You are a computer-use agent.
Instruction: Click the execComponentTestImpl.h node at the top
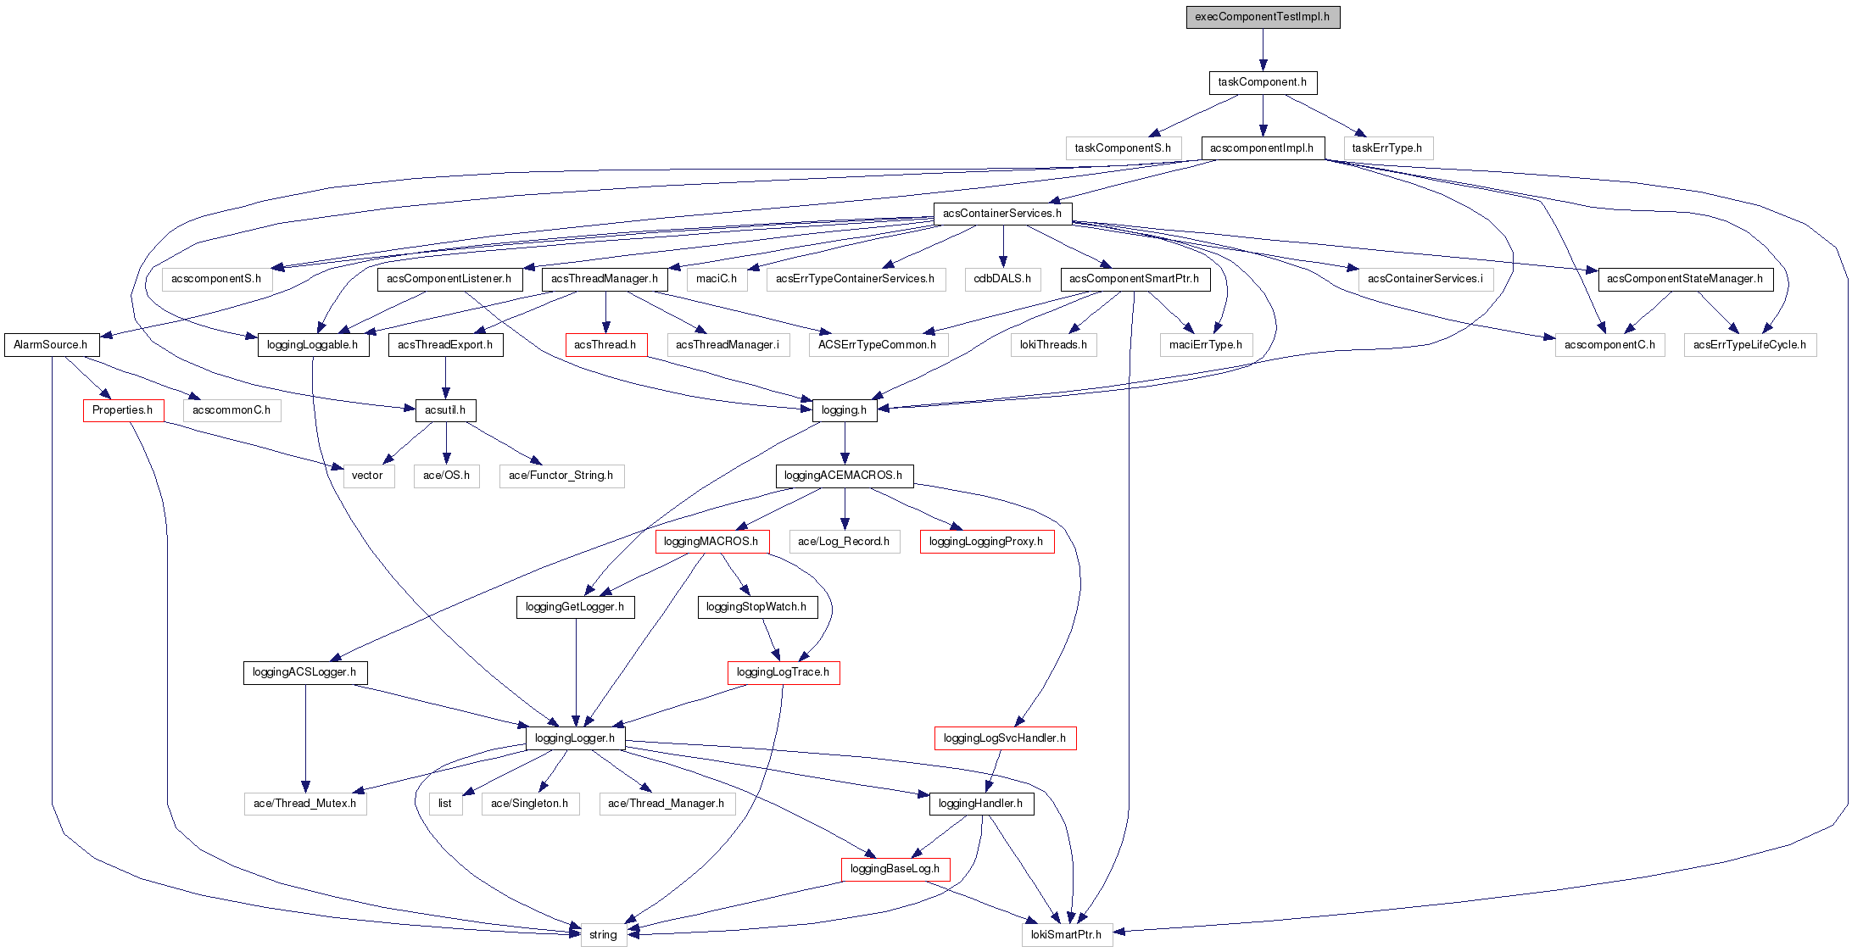click(x=1263, y=17)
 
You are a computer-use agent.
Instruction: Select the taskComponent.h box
click(x=1263, y=82)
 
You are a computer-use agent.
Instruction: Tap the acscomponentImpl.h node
click(x=1262, y=148)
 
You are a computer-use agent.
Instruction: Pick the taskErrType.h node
click(x=1387, y=148)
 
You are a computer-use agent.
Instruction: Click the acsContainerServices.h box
click(x=1002, y=214)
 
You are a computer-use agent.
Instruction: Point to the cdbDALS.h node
click(x=1002, y=279)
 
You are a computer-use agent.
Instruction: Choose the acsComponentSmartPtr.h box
click(x=1135, y=279)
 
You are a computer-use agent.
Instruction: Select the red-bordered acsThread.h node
click(x=605, y=345)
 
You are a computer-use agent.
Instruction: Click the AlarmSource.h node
click(x=51, y=345)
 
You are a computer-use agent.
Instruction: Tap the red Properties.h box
click(x=123, y=410)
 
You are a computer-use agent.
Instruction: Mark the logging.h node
click(x=845, y=410)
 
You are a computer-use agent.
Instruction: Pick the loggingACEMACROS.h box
click(x=844, y=476)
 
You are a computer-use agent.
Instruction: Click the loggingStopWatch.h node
click(x=756, y=607)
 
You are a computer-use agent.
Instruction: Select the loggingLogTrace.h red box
click(x=784, y=672)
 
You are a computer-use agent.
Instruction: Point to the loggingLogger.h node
click(x=576, y=738)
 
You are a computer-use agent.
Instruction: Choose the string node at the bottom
click(x=604, y=935)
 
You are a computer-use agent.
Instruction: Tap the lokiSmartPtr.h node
click(x=1067, y=935)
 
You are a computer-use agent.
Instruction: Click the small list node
click(x=445, y=804)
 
